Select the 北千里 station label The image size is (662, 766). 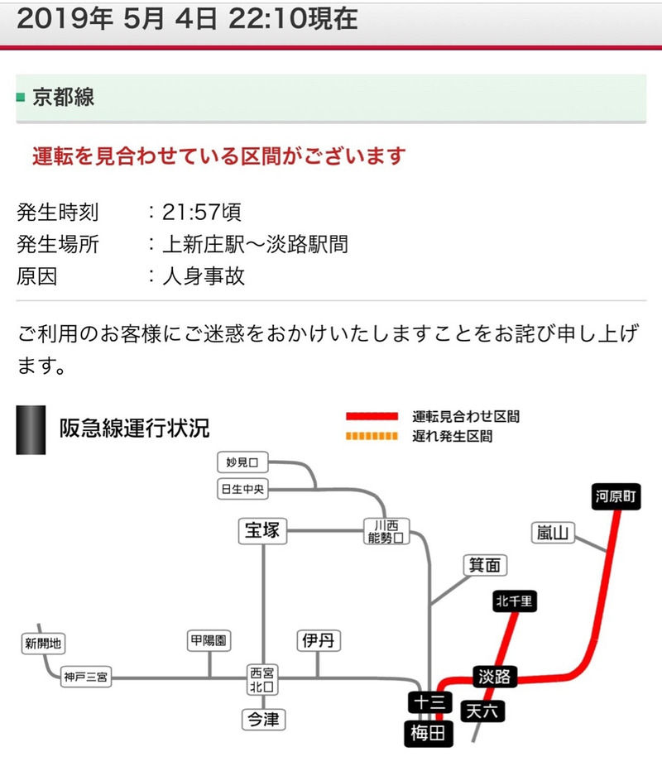click(x=515, y=601)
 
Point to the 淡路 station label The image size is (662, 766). click(x=496, y=676)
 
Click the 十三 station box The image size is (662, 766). click(x=429, y=702)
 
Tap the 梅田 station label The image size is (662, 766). click(x=429, y=731)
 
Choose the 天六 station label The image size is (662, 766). click(x=484, y=711)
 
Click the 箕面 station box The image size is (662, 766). click(x=486, y=565)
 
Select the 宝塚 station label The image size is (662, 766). click(x=263, y=532)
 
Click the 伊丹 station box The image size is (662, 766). click(x=319, y=639)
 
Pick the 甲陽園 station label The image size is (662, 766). click(x=209, y=640)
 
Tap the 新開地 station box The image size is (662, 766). click(x=43, y=644)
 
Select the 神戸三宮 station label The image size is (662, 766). click(x=86, y=677)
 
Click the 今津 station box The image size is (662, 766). click(x=264, y=720)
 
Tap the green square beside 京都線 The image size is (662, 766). click(x=21, y=98)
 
